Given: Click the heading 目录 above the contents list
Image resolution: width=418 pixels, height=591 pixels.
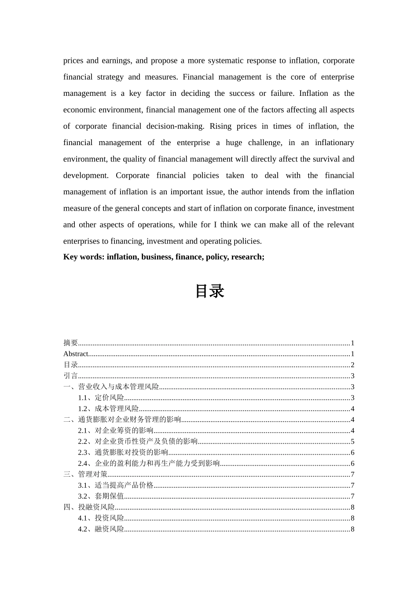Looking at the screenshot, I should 209,291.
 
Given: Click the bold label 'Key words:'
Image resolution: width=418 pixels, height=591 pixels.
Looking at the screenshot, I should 84,257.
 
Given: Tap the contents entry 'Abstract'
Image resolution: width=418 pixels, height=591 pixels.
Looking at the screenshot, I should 76,354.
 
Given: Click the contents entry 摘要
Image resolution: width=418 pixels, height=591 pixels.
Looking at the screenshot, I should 71,343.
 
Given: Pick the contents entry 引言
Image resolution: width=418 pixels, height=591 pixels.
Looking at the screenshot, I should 71,376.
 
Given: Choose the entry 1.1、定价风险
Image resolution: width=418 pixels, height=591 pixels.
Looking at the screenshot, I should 101,398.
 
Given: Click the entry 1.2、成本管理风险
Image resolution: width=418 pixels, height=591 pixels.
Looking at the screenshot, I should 108,409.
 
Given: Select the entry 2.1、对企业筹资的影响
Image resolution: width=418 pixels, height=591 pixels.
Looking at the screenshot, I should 116,431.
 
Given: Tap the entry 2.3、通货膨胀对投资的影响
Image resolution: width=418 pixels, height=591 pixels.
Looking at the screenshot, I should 123,452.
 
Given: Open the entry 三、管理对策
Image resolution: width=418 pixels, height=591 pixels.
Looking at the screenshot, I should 85,474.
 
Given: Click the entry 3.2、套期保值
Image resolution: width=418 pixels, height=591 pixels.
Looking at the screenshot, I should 101,496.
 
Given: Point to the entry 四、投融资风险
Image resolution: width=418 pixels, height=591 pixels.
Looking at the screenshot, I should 89,507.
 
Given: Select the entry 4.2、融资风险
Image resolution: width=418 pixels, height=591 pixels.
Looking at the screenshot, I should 101,529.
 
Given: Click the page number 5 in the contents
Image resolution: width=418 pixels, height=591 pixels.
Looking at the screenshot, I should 352,442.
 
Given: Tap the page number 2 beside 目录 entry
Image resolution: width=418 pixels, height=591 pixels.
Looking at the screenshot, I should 352,365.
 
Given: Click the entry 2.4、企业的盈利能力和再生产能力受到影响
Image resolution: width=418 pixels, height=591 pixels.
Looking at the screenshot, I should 149,463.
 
